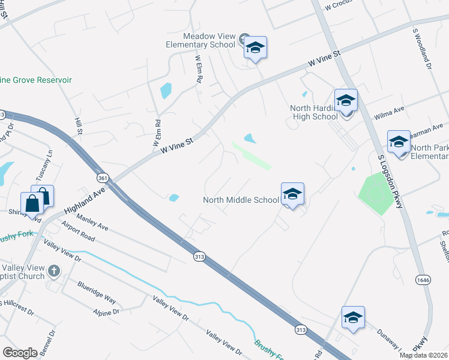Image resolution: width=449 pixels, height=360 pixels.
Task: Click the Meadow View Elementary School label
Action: [x=200, y=40]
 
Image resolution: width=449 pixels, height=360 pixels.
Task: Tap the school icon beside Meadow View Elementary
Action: [x=255, y=48]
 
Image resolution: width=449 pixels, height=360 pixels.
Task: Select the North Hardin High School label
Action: [x=314, y=112]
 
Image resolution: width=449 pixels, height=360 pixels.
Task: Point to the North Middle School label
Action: [x=241, y=200]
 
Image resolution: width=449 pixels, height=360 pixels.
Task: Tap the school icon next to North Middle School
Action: [x=292, y=194]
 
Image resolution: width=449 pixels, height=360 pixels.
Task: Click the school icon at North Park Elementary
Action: [x=399, y=142]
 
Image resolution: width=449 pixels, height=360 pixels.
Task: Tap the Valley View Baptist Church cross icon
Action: [x=54, y=271]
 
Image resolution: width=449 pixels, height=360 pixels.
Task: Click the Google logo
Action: [x=20, y=353]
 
